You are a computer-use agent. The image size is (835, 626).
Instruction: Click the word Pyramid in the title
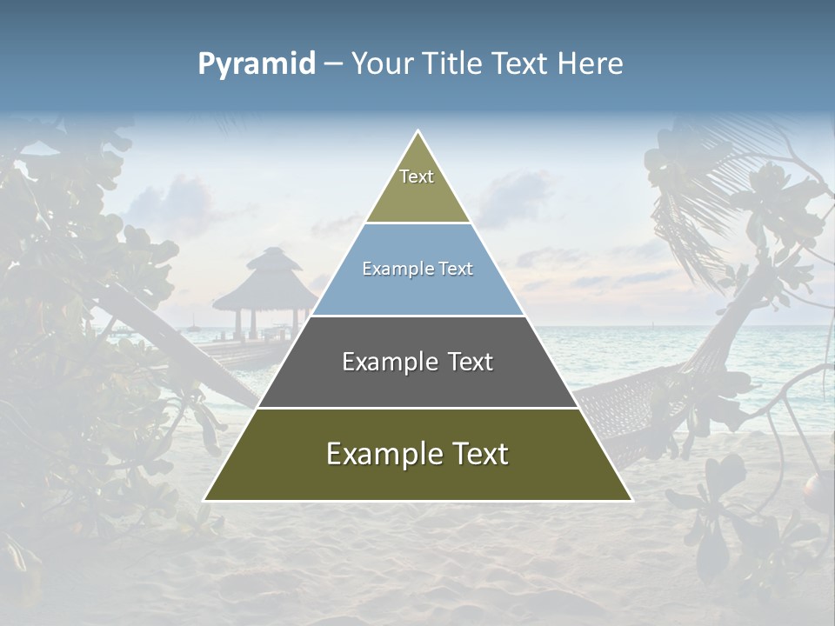click(257, 64)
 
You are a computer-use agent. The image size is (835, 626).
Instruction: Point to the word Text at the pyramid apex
click(417, 176)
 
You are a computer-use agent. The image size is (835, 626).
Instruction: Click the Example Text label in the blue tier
click(417, 269)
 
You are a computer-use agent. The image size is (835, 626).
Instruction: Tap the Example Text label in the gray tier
click(417, 362)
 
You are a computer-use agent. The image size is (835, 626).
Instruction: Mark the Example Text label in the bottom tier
click(417, 454)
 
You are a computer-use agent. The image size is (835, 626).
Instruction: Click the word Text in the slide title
click(521, 64)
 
